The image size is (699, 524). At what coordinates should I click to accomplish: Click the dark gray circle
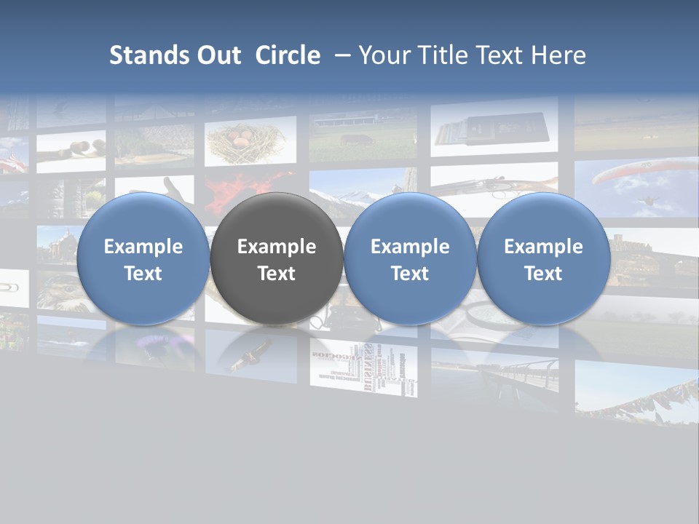point(277,259)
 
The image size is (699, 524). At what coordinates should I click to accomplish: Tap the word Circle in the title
point(288,55)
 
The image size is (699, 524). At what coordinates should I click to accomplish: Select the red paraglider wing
point(633,173)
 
